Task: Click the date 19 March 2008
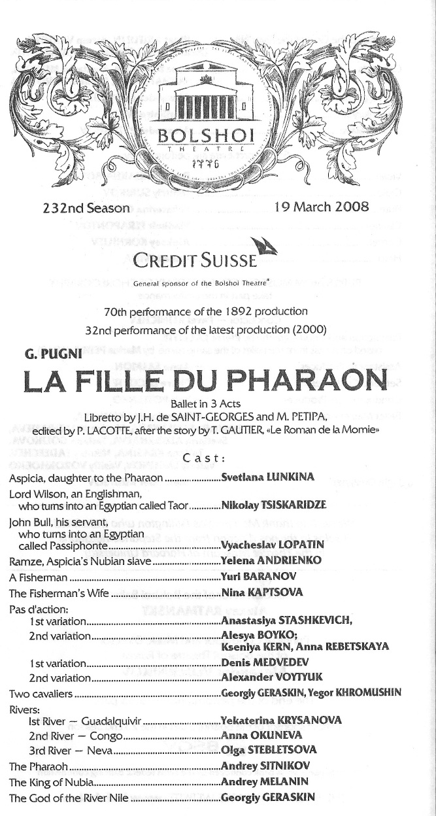(322, 209)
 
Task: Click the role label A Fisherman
(39, 577)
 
